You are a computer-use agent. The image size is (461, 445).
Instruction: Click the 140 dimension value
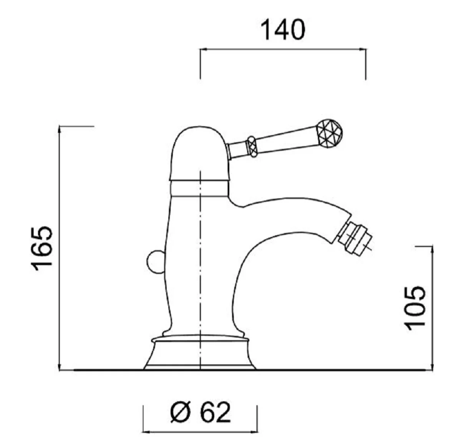point(283,30)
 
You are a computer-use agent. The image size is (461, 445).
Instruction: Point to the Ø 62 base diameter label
point(200,412)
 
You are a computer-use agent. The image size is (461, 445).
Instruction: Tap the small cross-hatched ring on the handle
point(252,146)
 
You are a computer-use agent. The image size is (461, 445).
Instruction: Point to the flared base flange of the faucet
point(200,354)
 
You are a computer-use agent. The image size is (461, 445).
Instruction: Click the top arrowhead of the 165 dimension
point(60,129)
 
